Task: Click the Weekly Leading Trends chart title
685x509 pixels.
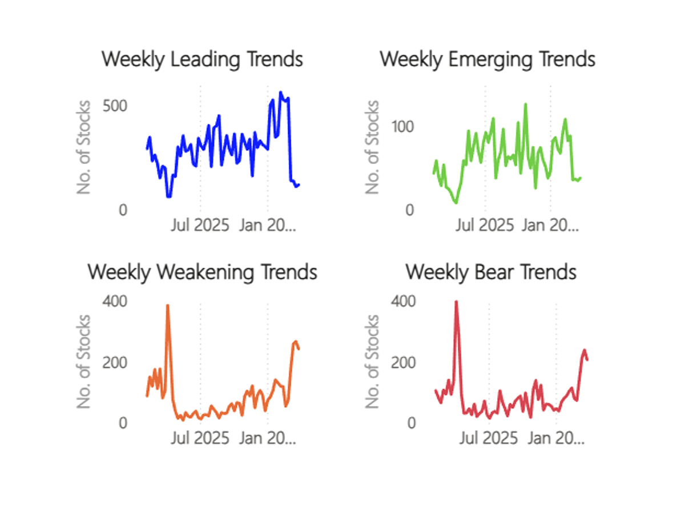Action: point(202,59)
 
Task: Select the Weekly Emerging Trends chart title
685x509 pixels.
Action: point(487,59)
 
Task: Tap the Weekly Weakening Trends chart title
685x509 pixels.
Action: point(202,272)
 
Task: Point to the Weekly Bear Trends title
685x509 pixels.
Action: point(491,272)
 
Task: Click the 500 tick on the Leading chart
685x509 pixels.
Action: point(115,106)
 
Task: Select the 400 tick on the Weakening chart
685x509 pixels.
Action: point(115,301)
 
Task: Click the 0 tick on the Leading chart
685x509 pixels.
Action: point(123,210)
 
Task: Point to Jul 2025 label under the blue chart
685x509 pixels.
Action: point(200,225)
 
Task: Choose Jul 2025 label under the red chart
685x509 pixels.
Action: point(489,438)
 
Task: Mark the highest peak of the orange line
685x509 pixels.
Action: point(167,305)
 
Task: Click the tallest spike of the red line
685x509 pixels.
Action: point(456,301)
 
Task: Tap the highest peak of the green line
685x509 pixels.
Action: point(525,104)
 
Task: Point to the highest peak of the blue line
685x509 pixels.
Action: point(280,92)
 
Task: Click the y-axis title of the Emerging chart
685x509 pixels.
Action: point(372,147)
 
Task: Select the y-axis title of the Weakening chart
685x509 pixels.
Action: point(84,361)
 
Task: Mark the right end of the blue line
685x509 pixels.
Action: point(299,184)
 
